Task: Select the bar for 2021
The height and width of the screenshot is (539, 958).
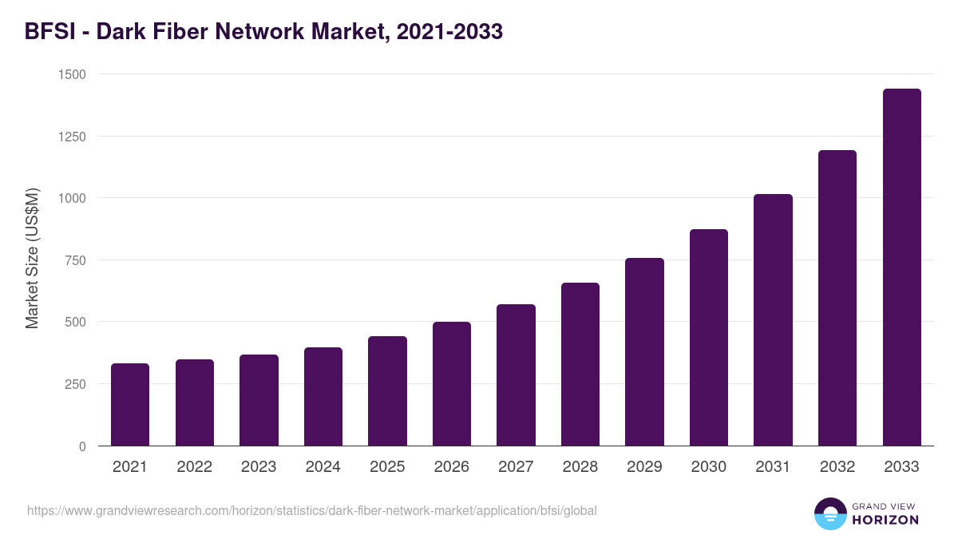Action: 130,405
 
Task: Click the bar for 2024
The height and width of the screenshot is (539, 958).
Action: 323,397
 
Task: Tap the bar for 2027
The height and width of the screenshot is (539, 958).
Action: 516,375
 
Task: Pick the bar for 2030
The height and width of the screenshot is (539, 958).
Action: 709,338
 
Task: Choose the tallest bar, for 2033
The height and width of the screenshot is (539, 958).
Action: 901,268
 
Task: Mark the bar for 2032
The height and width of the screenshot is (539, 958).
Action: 837,298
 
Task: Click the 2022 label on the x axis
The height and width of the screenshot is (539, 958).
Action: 194,467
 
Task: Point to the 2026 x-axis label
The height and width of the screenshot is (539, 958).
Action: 452,467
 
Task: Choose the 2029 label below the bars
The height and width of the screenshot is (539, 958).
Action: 644,467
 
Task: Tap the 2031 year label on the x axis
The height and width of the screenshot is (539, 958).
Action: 773,467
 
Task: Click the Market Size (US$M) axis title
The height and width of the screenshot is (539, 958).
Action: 32,260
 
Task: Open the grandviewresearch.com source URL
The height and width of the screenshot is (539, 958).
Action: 311,510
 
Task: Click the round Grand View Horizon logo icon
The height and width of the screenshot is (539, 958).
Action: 829,513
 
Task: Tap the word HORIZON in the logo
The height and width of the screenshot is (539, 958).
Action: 885,520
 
